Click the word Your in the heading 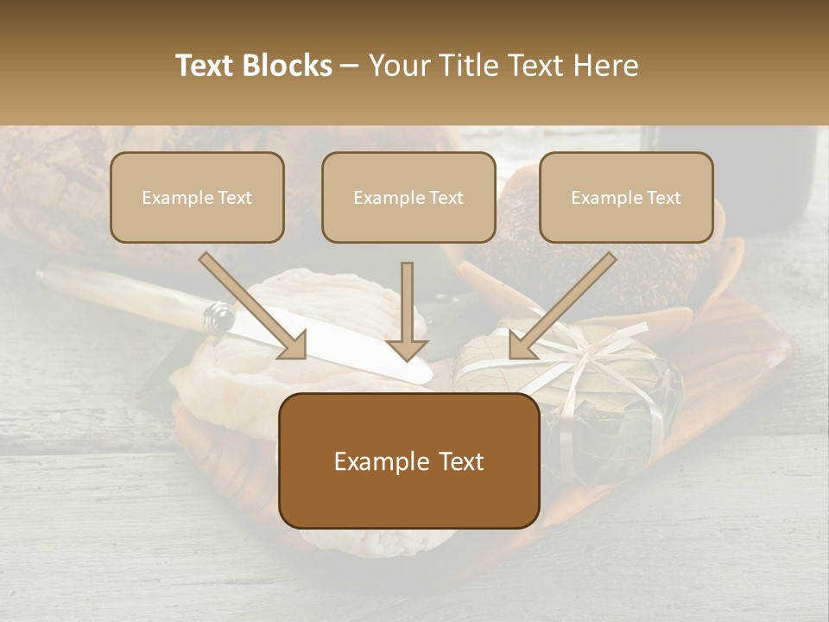tap(396, 66)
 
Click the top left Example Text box tap(197, 198)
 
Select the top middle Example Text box tap(408, 198)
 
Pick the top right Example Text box tap(626, 198)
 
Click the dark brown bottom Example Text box tap(408, 461)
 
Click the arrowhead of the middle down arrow tap(407, 349)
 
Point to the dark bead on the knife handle tap(219, 319)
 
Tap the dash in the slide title tap(350, 66)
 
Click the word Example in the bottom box tap(378, 462)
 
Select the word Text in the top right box tap(663, 198)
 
